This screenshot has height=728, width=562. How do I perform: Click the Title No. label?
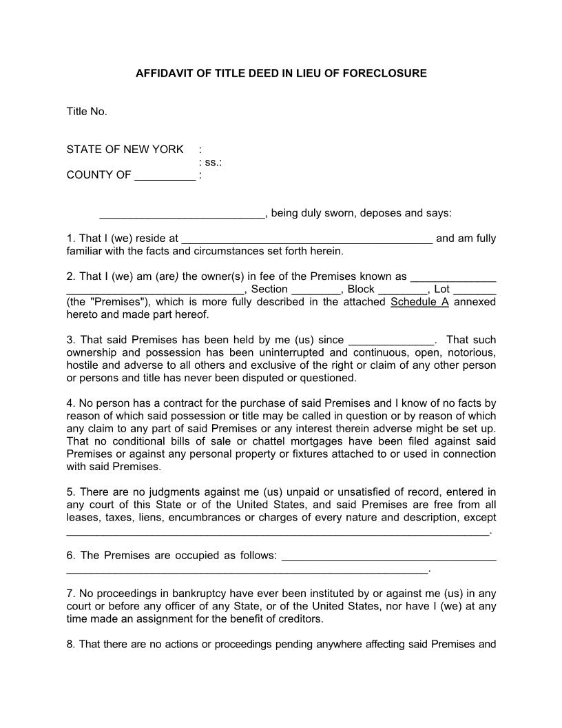click(x=87, y=112)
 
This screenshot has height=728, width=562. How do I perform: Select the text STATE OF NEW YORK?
click(x=125, y=150)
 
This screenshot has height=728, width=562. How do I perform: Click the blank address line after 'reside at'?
click(x=306, y=239)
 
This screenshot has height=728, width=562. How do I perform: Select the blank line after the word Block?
click(x=402, y=290)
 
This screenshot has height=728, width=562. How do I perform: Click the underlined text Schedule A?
click(x=419, y=302)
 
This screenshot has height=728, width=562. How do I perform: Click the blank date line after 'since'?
click(x=391, y=341)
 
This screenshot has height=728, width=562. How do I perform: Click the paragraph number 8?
click(x=70, y=645)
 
